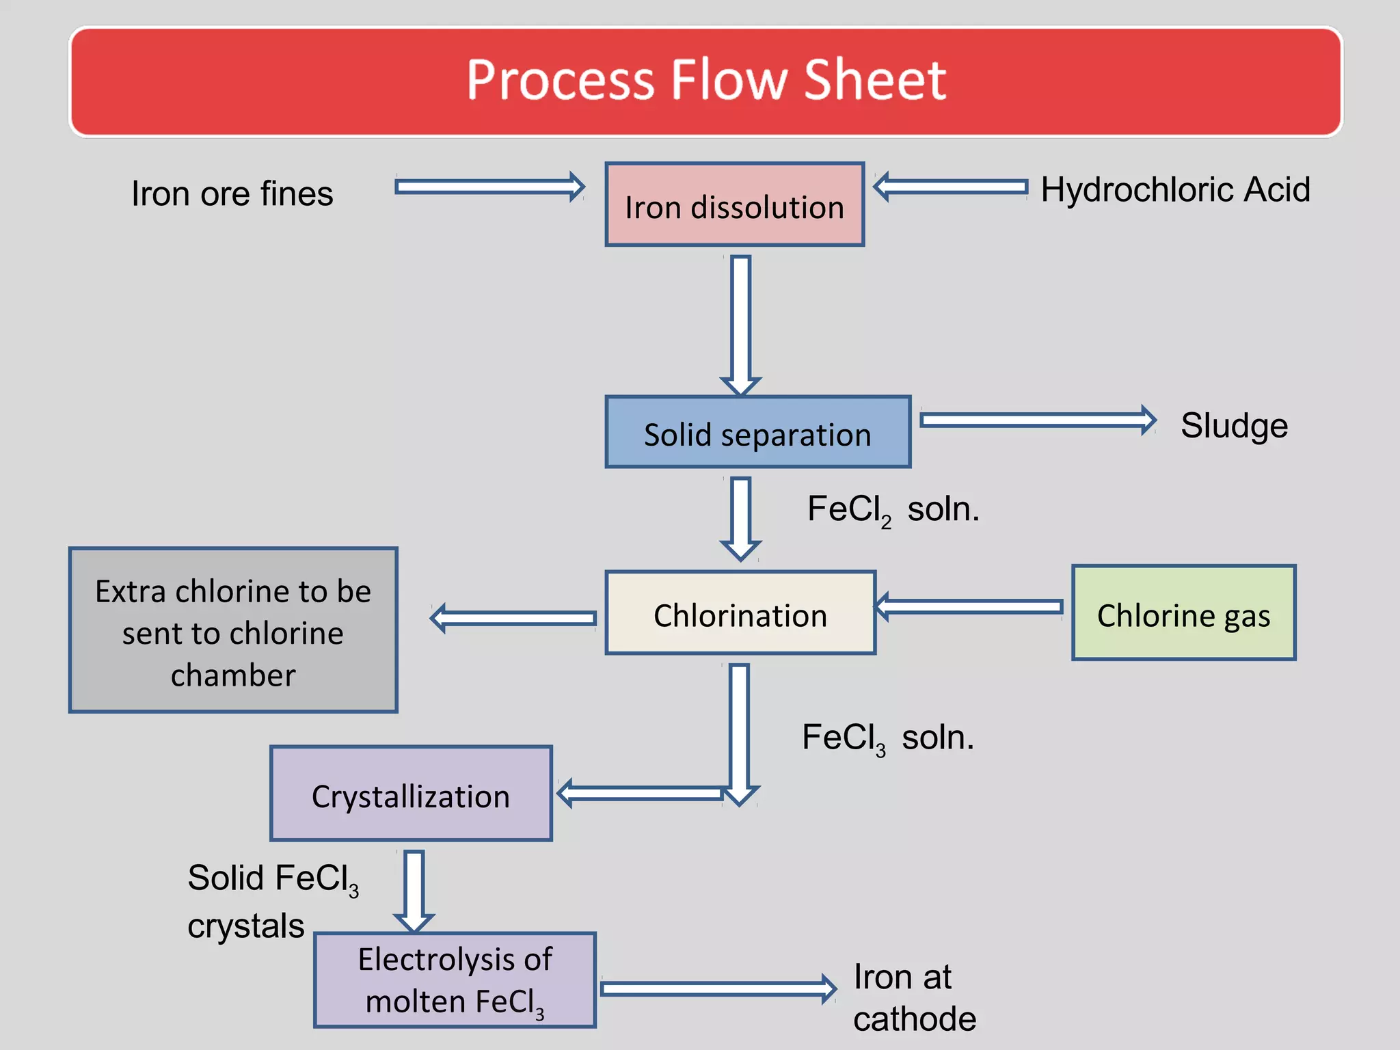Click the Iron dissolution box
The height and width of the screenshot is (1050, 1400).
[x=735, y=205]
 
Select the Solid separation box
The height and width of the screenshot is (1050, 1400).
[x=757, y=433]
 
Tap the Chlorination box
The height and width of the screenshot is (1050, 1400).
[x=740, y=613]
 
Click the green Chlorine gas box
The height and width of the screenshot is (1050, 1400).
[x=1183, y=613]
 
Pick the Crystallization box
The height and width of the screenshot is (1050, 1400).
[x=411, y=794]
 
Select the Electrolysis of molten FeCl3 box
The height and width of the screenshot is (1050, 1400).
[x=455, y=980]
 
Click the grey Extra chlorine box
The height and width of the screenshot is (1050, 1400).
[x=233, y=630]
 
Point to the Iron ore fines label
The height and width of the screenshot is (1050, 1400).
[x=232, y=193]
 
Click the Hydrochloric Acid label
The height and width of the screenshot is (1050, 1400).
[x=1175, y=189]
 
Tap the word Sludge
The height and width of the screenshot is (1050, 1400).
[x=1234, y=425]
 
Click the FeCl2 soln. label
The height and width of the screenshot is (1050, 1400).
[x=893, y=510]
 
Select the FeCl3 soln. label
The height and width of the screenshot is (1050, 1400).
[x=887, y=738]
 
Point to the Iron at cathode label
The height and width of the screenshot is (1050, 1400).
[x=913, y=997]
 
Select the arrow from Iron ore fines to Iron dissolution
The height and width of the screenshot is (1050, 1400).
[x=489, y=187]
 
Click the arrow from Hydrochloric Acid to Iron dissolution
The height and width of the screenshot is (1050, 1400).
[x=951, y=187]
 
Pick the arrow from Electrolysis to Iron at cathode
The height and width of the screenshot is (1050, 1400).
[x=718, y=988]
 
